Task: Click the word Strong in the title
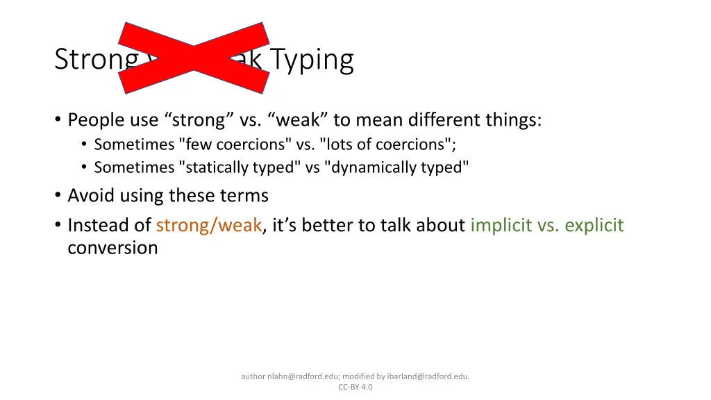click(96, 60)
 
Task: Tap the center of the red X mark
click(194, 58)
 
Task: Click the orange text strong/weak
click(209, 226)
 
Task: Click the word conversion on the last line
click(112, 247)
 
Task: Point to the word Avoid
click(90, 196)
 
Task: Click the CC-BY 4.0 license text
click(355, 387)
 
